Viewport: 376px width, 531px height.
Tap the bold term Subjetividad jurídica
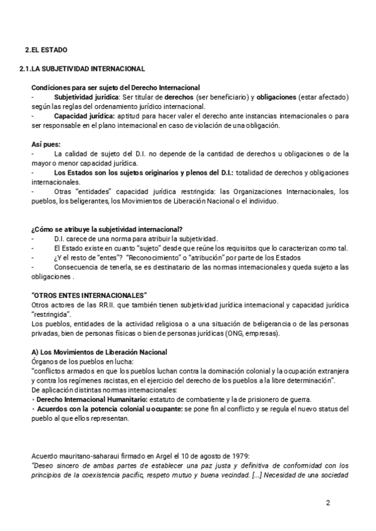(x=87, y=98)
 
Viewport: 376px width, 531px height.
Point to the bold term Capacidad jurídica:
(x=84, y=116)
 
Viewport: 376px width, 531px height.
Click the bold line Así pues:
(x=46, y=144)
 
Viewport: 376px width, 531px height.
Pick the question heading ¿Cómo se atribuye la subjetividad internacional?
(x=107, y=229)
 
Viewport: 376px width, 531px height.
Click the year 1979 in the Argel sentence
(x=240, y=455)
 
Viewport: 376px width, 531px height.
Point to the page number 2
(x=328, y=503)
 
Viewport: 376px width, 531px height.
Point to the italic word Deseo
(x=43, y=465)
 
